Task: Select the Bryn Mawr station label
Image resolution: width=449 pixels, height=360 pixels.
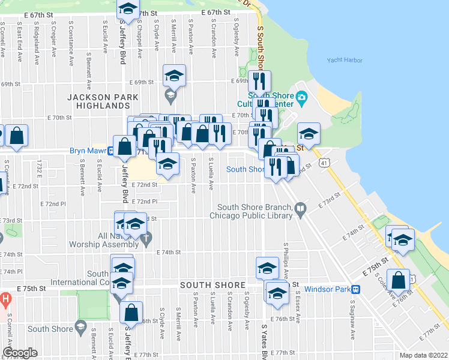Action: [88, 151]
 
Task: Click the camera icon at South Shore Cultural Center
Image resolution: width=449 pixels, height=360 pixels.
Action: [301, 97]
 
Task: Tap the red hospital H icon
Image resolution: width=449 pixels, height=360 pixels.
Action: [5, 298]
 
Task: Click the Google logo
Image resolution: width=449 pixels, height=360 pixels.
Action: [19, 353]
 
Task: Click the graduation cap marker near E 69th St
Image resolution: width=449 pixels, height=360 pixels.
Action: [174, 76]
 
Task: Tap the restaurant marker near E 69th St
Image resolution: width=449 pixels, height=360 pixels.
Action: [259, 81]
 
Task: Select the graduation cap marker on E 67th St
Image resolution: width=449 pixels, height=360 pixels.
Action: [127, 9]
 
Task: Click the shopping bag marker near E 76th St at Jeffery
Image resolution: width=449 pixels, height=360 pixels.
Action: [130, 312]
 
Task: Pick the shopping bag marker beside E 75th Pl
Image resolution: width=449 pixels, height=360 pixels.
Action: [398, 280]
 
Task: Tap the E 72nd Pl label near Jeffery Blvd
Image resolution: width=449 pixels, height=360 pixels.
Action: [145, 202]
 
